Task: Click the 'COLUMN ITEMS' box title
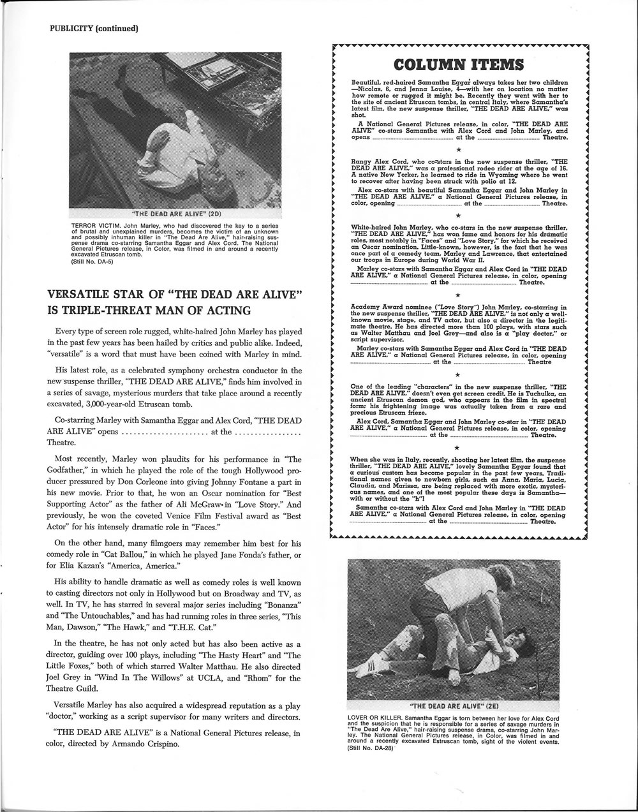point(459,65)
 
